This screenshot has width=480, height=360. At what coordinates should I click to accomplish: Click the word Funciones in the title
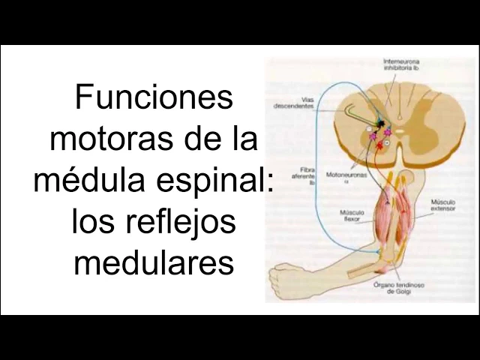[154, 98]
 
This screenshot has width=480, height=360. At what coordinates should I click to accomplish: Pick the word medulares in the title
[154, 262]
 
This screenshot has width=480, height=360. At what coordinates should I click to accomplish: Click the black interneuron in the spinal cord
[381, 123]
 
